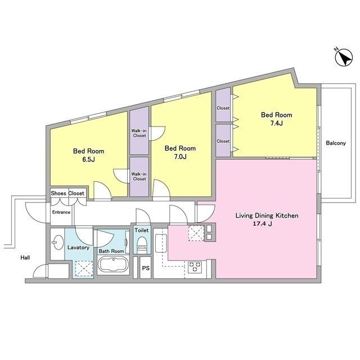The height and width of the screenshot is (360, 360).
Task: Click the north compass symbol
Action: (x=344, y=57)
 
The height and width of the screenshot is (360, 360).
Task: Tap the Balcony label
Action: (x=336, y=143)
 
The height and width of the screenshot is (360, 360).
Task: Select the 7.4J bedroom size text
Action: (x=276, y=123)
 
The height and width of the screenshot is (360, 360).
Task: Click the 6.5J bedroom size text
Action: (x=88, y=159)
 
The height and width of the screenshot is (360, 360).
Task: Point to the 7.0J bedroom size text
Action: (x=180, y=157)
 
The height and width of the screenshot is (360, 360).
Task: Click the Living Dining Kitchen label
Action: (x=267, y=215)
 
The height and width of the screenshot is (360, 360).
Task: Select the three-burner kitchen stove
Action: (x=195, y=267)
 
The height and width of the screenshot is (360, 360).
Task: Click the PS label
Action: (x=146, y=268)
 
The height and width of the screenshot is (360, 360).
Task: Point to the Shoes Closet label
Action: (x=67, y=193)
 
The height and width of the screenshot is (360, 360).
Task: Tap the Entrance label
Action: (x=61, y=212)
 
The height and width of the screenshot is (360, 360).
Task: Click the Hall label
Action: (x=25, y=258)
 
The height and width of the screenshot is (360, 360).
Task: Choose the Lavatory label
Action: (x=78, y=247)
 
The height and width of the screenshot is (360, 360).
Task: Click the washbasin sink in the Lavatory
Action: (x=57, y=242)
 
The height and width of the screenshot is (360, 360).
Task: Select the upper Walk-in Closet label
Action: (x=139, y=133)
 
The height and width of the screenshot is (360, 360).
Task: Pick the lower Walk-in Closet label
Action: (x=139, y=176)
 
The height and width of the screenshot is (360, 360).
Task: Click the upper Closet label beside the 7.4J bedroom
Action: (x=223, y=108)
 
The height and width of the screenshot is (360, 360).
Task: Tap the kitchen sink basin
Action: (x=161, y=244)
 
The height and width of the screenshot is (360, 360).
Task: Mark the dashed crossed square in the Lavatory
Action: (x=84, y=269)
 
